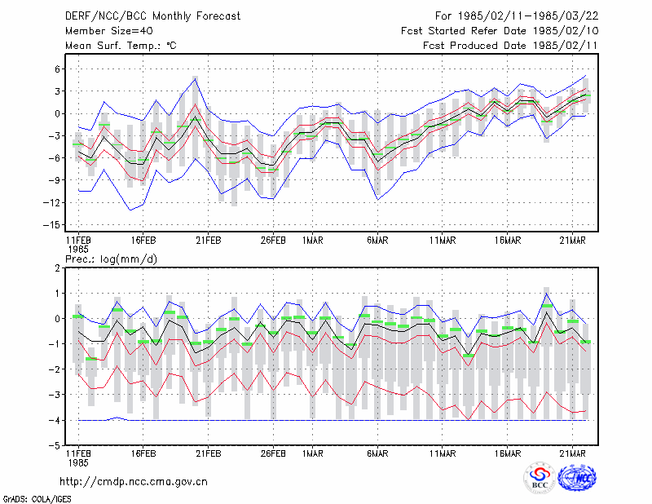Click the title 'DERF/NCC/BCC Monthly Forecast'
pyautogui.click(x=152, y=16)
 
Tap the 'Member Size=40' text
pyautogui.click(x=109, y=31)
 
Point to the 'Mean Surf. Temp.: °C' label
pyautogui.click(x=121, y=46)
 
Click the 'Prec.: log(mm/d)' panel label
pyautogui.click(x=111, y=259)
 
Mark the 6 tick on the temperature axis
pyautogui.click(x=57, y=69)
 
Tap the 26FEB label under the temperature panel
pyautogui.click(x=273, y=241)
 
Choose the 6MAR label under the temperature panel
pyautogui.click(x=377, y=241)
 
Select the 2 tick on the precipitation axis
pyautogui.click(x=57, y=268)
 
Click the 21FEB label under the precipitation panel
pyautogui.click(x=209, y=453)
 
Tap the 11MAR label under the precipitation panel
pyautogui.click(x=443, y=453)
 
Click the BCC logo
pyautogui.click(x=540, y=478)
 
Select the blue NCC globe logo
pyautogui.click(x=577, y=478)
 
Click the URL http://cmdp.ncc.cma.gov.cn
pyautogui.click(x=134, y=482)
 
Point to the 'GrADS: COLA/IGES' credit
pyautogui.click(x=37, y=499)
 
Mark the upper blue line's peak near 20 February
pyautogui.click(x=195, y=78)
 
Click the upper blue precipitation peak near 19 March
pyautogui.click(x=546, y=294)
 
